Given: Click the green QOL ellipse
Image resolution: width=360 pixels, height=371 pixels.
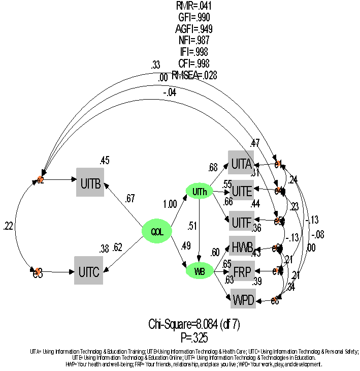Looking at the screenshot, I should tap(156, 231).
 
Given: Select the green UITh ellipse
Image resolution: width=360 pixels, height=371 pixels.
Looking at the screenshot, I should tap(199, 192).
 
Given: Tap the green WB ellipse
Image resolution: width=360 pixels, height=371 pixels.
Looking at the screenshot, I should tap(200, 271).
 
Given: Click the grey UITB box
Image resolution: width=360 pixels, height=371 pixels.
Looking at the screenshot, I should tap(90, 181).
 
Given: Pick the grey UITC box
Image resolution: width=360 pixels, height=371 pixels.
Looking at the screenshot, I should tap(88, 270).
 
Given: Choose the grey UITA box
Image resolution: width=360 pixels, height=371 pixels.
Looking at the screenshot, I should tap(241, 164).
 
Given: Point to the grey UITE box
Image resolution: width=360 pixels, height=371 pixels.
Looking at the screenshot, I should tap(241, 192).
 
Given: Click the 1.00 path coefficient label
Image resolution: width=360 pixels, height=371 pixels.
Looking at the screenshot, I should tap(171, 205).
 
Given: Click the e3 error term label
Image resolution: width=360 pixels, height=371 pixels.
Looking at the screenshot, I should tap(38, 271).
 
